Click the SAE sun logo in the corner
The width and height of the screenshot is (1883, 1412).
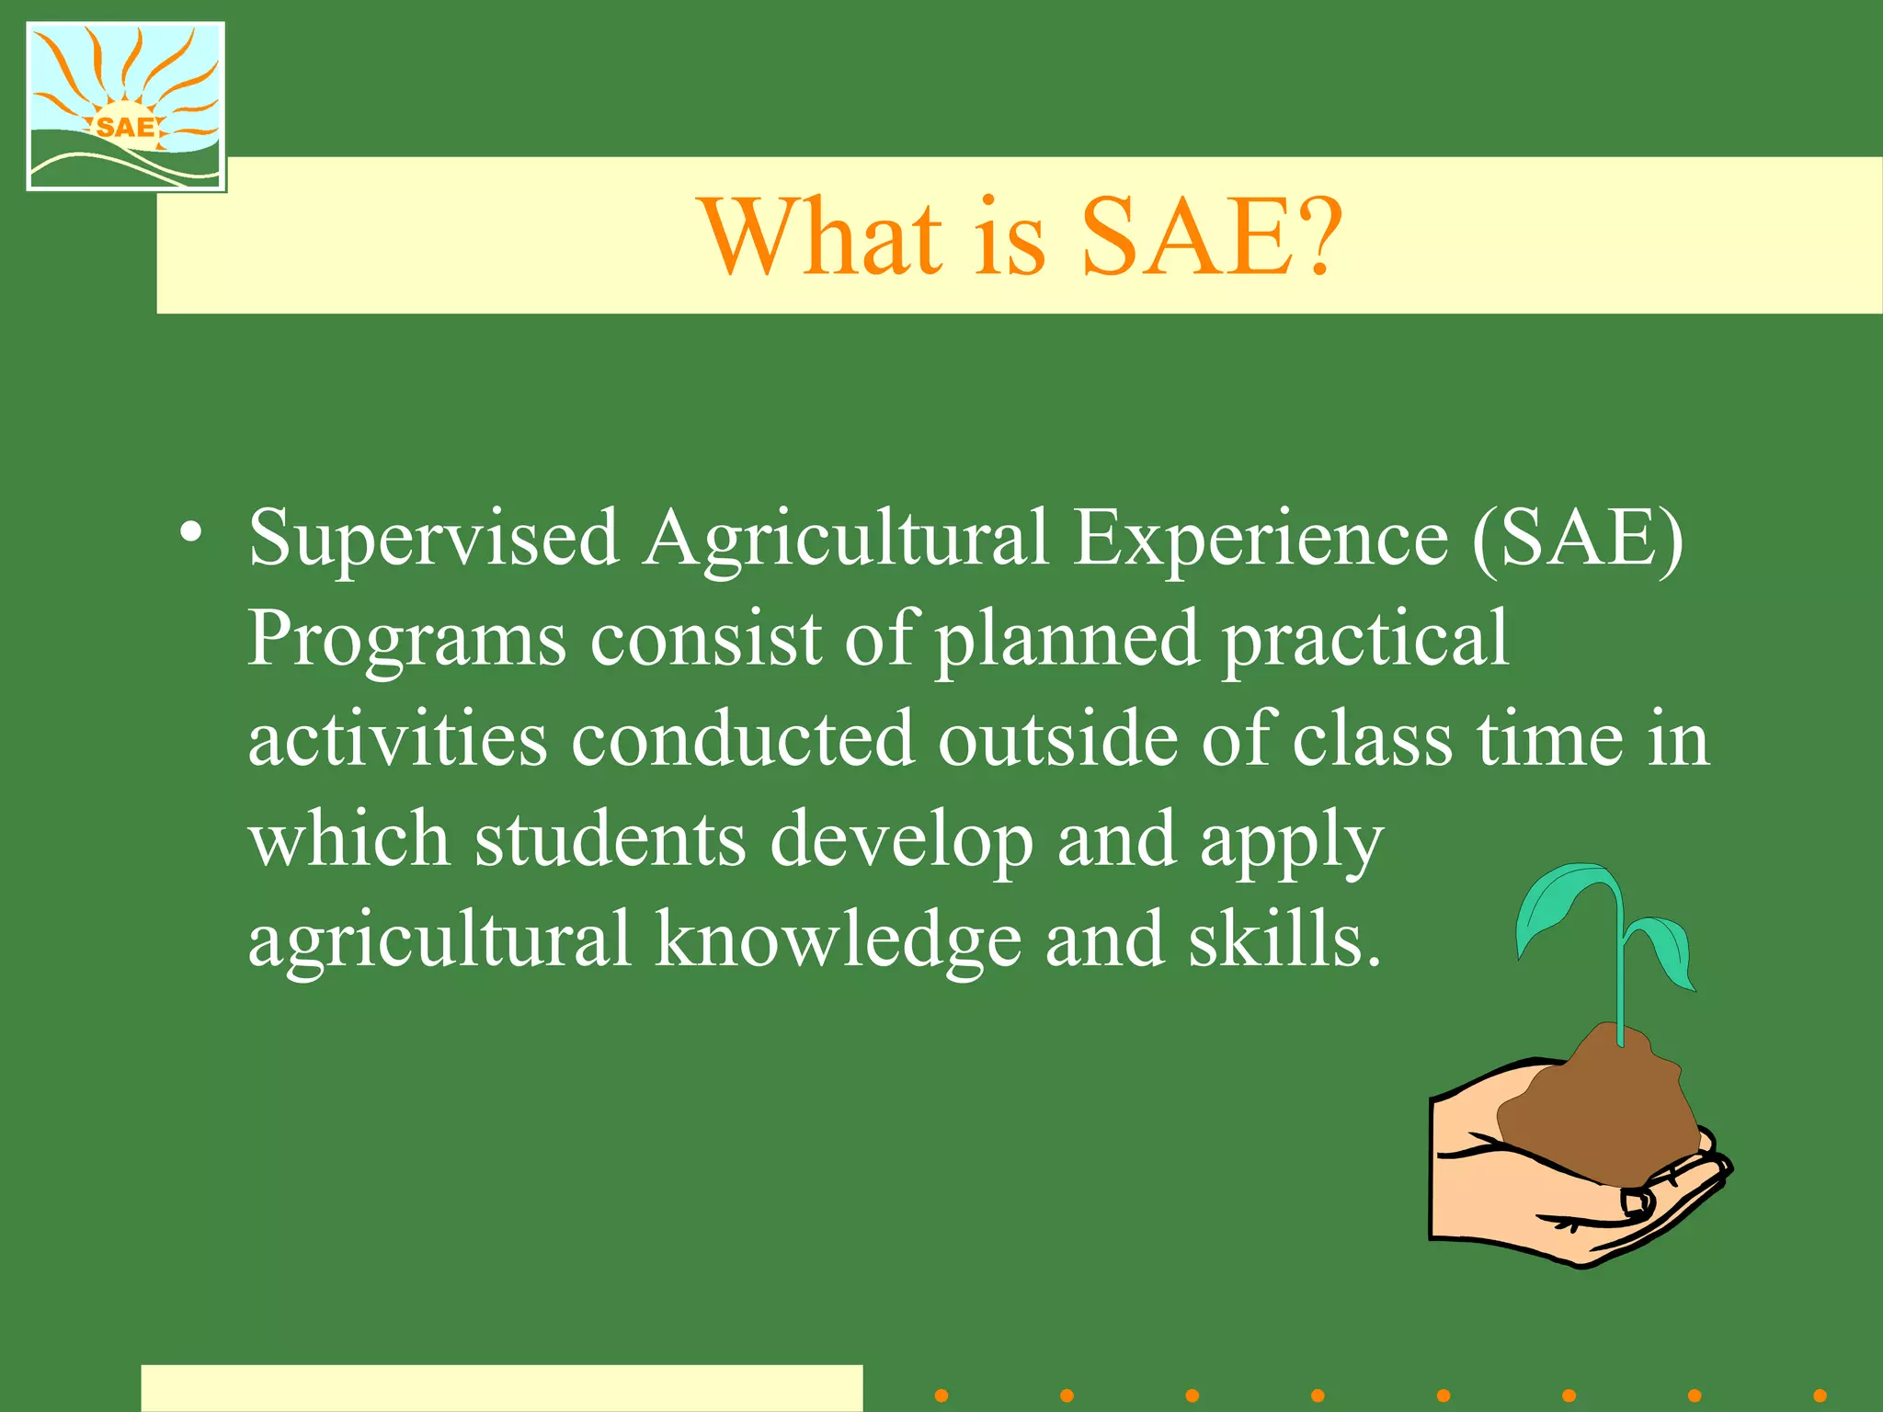pyautogui.click(x=126, y=106)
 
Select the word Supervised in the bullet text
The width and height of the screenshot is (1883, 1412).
pyautogui.click(x=433, y=541)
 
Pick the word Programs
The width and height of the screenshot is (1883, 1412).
pyautogui.click(x=406, y=641)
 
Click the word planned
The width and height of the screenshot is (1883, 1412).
pyautogui.click(x=1067, y=641)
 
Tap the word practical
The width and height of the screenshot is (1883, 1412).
pyautogui.click(x=1365, y=641)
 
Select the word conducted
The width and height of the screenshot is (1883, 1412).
pyautogui.click(x=742, y=739)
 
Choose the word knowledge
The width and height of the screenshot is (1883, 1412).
pyautogui.click(x=837, y=939)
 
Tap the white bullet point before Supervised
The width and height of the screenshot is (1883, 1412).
pyautogui.click(x=191, y=533)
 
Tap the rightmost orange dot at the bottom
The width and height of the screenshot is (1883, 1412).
pyautogui.click(x=1820, y=1395)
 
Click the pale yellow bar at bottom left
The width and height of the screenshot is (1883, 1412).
pyautogui.click(x=501, y=1388)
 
